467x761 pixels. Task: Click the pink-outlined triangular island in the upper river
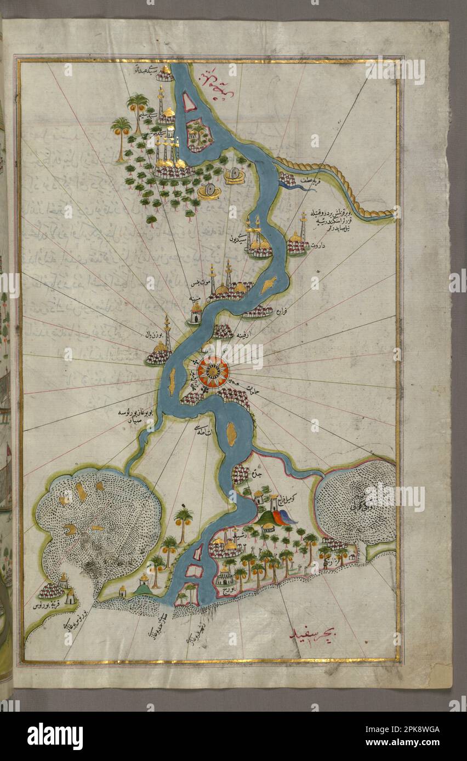(189, 102)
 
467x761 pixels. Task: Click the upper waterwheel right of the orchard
(235, 175)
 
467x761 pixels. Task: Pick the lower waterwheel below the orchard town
(209, 191)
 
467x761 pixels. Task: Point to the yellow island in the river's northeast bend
(269, 285)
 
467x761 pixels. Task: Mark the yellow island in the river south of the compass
(232, 434)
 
